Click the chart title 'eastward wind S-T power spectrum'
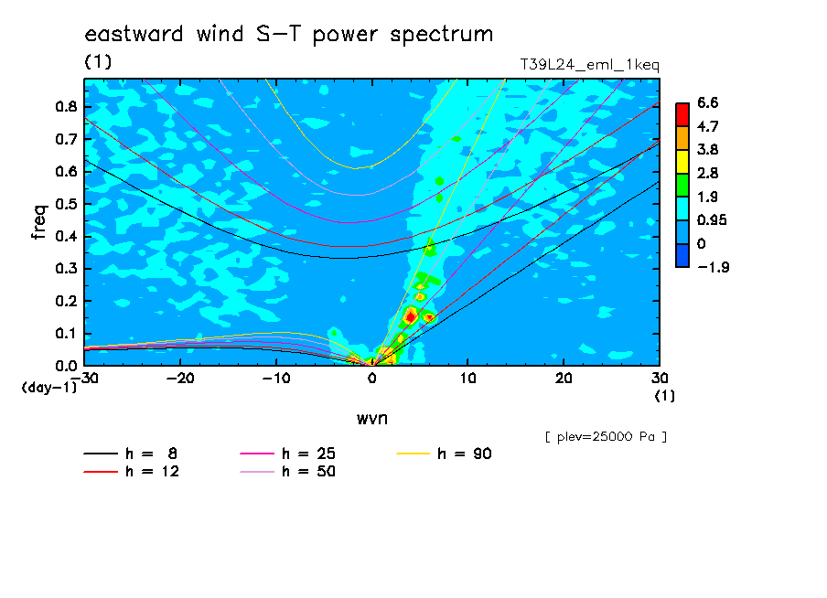click(x=289, y=35)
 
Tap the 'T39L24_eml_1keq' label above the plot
click(x=590, y=65)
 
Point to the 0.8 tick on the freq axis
click(x=67, y=106)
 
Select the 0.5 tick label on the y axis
click(x=67, y=204)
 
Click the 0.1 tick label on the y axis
click(x=67, y=334)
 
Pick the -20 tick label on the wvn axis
click(x=180, y=379)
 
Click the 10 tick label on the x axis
click(x=467, y=379)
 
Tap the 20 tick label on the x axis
click(x=564, y=379)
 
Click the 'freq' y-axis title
click(x=39, y=222)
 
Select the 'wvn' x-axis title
click(x=372, y=419)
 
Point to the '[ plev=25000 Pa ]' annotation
click(x=606, y=437)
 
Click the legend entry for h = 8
click(x=131, y=454)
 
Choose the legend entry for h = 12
click(x=132, y=472)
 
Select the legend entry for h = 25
click(x=287, y=454)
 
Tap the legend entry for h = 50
click(x=287, y=472)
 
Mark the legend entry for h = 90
click(x=444, y=454)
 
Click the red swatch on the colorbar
click(x=682, y=114)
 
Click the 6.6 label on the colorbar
click(x=708, y=102)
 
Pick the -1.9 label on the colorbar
click(x=713, y=267)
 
